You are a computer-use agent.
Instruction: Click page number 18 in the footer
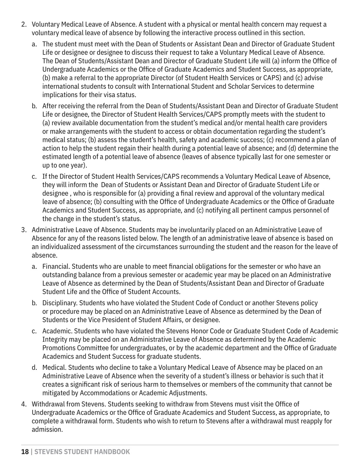pos(25,452)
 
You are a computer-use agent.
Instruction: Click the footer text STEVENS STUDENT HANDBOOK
pos(82,452)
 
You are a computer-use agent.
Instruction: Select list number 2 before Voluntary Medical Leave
pos(24,24)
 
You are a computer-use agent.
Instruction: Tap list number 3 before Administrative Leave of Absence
pos(24,230)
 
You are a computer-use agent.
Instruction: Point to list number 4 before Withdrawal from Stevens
pos(24,404)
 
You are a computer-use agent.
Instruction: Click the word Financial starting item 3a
pos(56,267)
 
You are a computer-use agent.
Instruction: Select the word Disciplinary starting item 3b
pos(60,303)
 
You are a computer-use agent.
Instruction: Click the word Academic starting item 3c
pos(55,331)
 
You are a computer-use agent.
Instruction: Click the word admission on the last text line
pos(47,429)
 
